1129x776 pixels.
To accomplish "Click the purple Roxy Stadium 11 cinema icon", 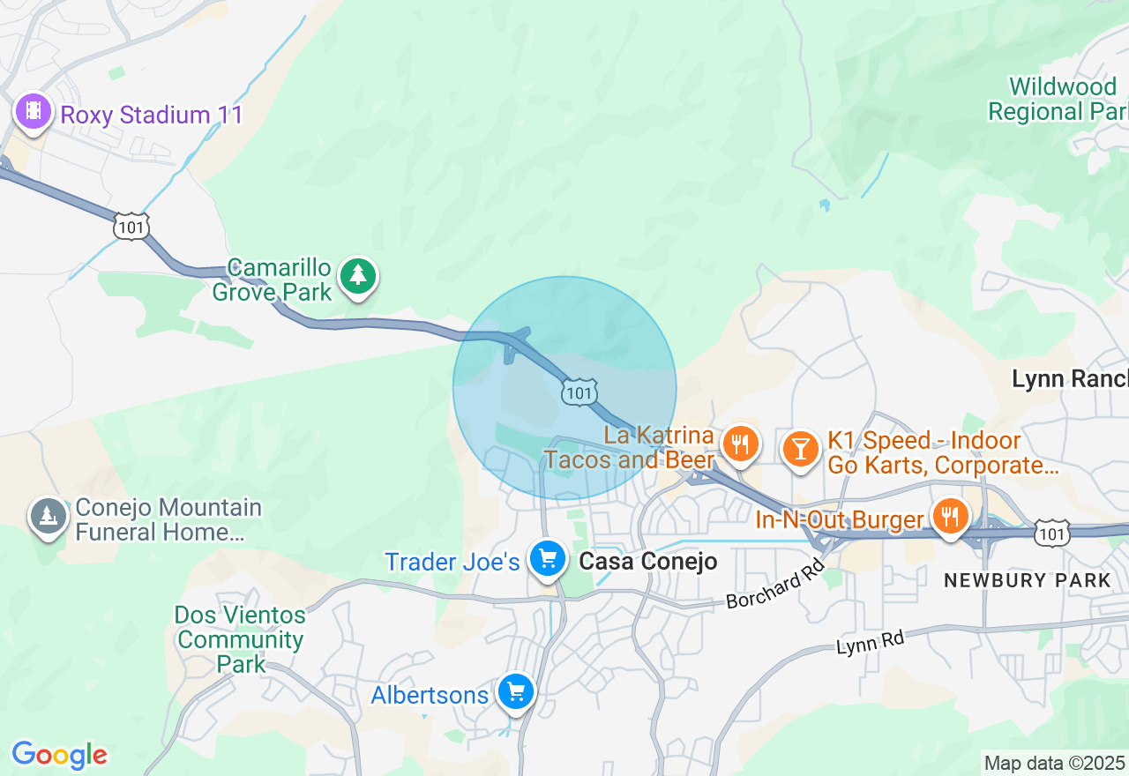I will pos(34,111).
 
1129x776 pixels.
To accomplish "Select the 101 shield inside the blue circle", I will pos(579,392).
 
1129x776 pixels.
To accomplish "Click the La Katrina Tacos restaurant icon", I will pos(741,444).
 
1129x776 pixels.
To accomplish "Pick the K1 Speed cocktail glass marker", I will pos(800,449).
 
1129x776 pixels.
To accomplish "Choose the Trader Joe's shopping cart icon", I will pos(547,558).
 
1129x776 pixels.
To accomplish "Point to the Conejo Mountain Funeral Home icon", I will pos(48,517).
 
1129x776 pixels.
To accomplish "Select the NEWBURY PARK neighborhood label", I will pos(1028,580).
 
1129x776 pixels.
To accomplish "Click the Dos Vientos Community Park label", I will pos(240,639).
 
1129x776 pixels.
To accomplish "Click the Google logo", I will pos(59,755).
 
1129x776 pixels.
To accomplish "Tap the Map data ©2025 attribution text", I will pos(1055,764).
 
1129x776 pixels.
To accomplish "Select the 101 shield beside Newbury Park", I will pos(1054,533).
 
